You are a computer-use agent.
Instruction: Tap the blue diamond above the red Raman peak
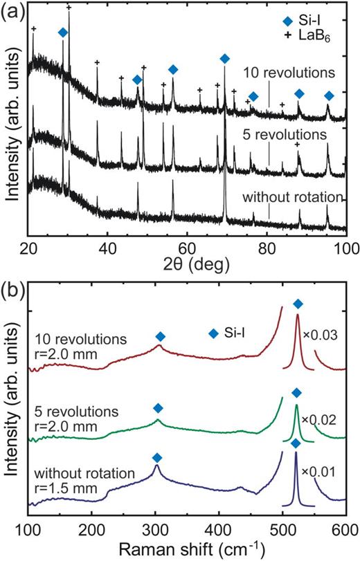298,304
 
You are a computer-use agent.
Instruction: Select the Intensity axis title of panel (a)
12,131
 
